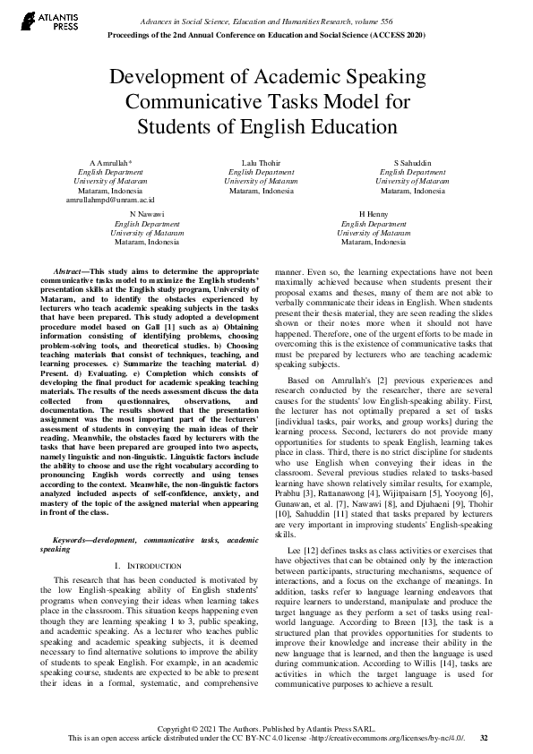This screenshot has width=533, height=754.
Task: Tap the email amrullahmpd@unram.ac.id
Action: (110, 200)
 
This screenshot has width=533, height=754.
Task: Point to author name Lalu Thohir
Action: (261, 163)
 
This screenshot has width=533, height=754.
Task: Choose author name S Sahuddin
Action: (412, 163)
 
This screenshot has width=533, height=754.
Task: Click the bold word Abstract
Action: (70, 269)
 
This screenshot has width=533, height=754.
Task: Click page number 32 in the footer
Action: (484, 738)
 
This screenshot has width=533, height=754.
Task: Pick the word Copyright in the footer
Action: (199, 728)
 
